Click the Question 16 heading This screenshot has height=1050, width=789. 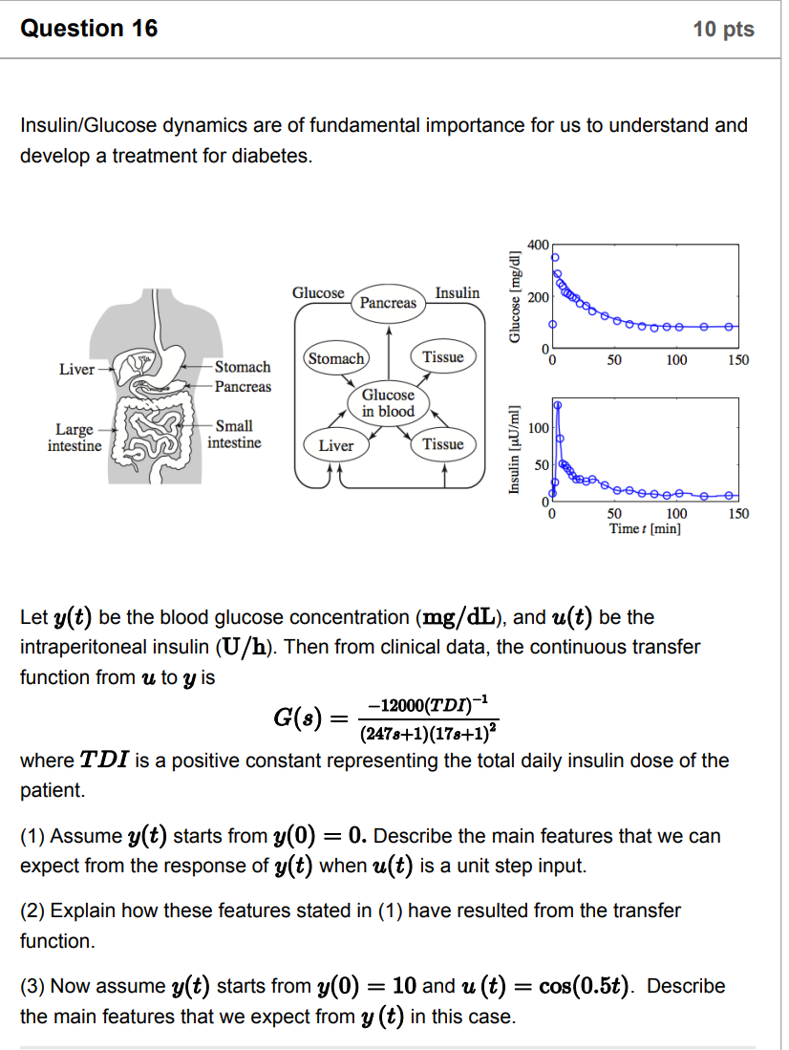[89, 29]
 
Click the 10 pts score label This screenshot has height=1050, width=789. [723, 30]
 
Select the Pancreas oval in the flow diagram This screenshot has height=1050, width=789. [388, 302]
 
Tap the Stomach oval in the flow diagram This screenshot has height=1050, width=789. [335, 358]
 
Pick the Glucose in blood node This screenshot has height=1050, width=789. [388, 402]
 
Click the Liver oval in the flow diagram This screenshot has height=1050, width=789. [335, 445]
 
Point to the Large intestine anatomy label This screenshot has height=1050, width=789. [74, 437]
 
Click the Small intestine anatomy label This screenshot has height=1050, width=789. [233, 434]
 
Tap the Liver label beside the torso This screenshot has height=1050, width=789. [76, 369]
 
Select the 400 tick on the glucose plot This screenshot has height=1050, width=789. [538, 246]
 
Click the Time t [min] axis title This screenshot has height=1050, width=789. [645, 528]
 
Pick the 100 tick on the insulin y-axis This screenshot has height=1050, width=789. [538, 428]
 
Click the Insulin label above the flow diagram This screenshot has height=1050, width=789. [458, 292]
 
